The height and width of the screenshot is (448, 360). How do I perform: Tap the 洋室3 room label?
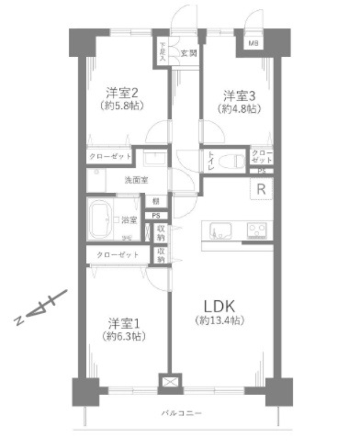point(237,95)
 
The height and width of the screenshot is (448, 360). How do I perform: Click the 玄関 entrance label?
point(187,53)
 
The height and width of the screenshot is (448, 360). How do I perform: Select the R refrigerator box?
point(261,190)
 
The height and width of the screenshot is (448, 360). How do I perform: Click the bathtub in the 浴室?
point(100,221)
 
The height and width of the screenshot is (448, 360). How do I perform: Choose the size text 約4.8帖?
point(237,109)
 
